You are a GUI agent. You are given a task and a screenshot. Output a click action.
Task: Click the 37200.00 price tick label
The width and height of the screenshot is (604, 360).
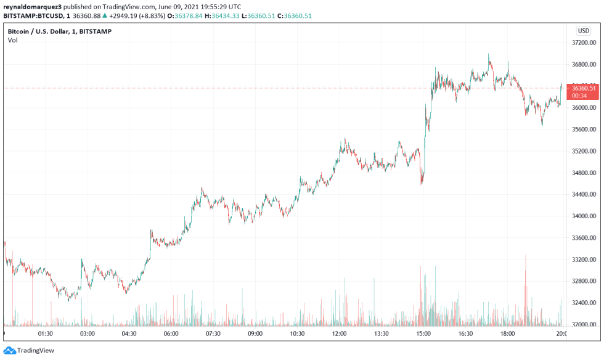pos(583,43)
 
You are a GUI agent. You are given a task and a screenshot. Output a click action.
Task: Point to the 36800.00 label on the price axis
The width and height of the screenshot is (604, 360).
pos(583,65)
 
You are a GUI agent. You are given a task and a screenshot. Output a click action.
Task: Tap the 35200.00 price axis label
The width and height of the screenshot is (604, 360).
pos(583,151)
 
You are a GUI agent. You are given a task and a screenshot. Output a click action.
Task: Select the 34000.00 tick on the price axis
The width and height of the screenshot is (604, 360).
pos(583,216)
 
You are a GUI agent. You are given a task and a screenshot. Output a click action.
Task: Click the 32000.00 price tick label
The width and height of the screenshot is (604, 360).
pos(583,325)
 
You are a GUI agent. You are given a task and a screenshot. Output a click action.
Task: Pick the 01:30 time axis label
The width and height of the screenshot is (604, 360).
pos(46,334)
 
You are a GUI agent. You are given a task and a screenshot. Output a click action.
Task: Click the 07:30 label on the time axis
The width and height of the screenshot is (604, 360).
pos(213,334)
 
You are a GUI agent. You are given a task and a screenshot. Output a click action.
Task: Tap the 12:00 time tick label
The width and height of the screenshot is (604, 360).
pos(339,334)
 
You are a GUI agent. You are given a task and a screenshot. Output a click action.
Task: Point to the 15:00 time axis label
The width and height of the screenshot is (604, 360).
pos(423,334)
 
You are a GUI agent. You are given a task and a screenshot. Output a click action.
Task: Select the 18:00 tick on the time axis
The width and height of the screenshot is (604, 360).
pos(507,334)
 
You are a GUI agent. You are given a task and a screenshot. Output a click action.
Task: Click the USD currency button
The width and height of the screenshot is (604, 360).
pos(583,31)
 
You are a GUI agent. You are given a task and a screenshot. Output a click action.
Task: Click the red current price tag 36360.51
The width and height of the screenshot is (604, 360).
pos(583,88)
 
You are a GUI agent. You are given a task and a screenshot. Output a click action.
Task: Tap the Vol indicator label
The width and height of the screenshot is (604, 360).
pos(12,40)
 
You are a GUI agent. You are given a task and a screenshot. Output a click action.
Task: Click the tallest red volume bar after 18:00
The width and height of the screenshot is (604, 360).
pos(526,290)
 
